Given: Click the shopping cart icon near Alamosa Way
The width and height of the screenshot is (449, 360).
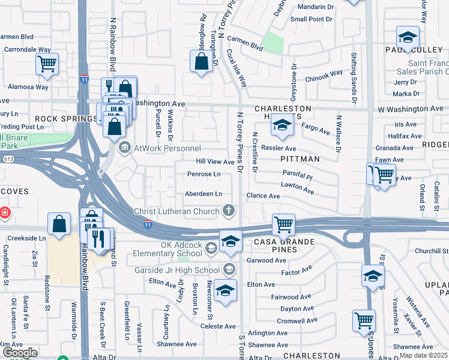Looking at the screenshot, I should point(46,63).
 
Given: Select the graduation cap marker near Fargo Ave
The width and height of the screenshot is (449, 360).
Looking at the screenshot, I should point(280,125).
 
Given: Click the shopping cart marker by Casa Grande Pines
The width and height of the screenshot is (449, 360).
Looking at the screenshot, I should point(283,225).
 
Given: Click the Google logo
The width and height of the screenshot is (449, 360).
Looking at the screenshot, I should point(20,353).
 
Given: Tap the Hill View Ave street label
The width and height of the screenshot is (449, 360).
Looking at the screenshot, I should point(215,162).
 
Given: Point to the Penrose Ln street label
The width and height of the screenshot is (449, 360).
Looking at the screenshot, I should point(204,175).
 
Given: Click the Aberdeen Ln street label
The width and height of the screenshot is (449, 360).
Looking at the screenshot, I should point(203,194).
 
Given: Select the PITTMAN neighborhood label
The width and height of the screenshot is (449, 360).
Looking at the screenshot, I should point(300,159).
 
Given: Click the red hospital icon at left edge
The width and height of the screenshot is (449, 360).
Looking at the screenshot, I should point(4,212).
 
